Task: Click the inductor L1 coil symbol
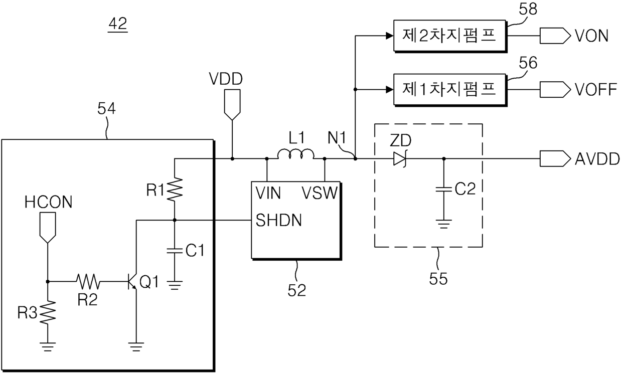click(296, 154)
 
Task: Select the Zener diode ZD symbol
click(400, 159)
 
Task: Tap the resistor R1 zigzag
click(175, 189)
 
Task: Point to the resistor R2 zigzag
click(88, 281)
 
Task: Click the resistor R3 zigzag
click(48, 312)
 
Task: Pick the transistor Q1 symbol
click(132, 282)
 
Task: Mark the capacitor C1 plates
click(175, 251)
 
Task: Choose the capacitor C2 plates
click(444, 189)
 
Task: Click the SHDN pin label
click(278, 221)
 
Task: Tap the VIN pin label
click(268, 193)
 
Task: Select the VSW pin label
click(320, 193)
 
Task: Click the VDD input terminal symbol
click(232, 105)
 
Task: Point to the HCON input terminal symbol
click(48, 228)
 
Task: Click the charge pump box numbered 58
click(450, 36)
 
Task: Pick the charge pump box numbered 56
click(450, 90)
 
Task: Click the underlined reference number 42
click(118, 25)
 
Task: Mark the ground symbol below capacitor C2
click(444, 224)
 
